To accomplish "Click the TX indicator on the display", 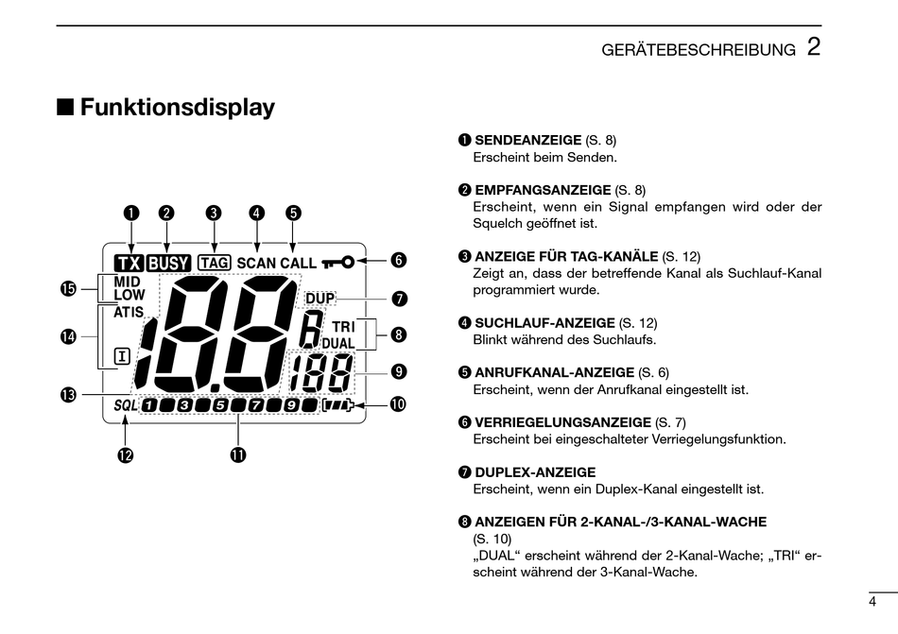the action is coord(130,264).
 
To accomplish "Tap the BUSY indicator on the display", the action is coord(169,264).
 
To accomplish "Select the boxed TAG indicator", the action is coord(215,263).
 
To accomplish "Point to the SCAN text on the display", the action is coord(256,263).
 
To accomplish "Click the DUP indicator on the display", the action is coord(320,299).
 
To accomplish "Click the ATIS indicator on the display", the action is coord(129,312).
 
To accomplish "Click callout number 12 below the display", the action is coord(125,455).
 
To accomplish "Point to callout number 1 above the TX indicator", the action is coord(130,213).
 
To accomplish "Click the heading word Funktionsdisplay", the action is coord(177,108).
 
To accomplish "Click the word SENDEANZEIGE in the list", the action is coord(527,140).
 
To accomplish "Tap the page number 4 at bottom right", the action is coord(872,601).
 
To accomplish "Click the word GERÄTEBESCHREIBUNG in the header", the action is coord(699,50).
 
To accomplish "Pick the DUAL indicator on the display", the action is coord(337,342).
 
